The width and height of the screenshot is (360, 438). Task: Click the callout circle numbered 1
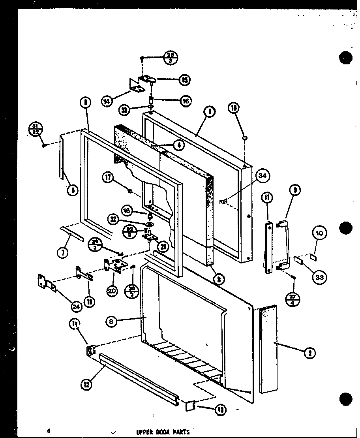tap(209, 112)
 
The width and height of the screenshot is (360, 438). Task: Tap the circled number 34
tap(261, 175)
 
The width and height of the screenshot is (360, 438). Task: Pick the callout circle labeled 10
tap(319, 233)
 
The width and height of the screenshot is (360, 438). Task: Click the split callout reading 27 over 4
tap(293, 294)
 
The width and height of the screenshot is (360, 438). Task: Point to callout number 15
tap(184, 80)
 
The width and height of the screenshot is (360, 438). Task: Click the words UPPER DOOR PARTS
tap(163, 432)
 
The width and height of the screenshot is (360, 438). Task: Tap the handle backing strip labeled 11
tap(268, 247)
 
